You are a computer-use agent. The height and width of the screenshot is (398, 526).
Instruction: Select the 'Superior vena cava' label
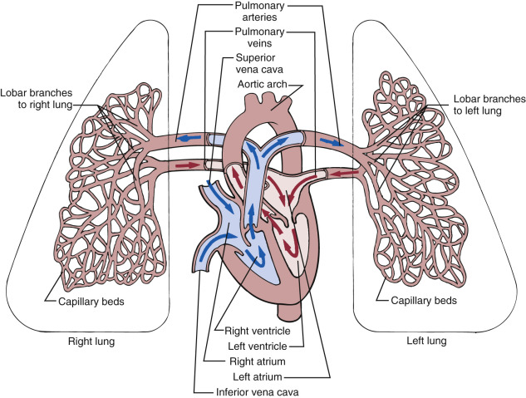[x=257, y=66]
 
